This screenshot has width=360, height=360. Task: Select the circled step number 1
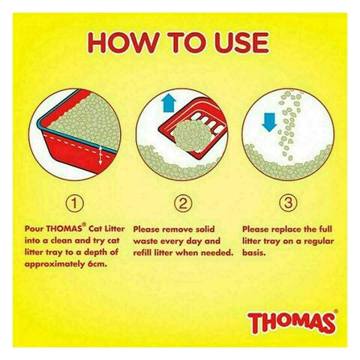pyautogui.click(x=74, y=203)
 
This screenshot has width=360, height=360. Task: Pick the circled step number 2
pyautogui.click(x=183, y=203)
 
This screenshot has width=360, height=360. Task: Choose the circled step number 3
pyautogui.click(x=288, y=203)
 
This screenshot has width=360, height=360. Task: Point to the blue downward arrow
pyautogui.click(x=269, y=122)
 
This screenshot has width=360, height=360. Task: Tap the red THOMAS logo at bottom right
pyautogui.click(x=292, y=321)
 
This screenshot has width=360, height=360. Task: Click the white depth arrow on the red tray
pyautogui.click(x=100, y=155)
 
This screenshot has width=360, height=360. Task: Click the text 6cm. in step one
pyautogui.click(x=97, y=264)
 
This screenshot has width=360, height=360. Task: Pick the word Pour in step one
pyautogui.click(x=34, y=229)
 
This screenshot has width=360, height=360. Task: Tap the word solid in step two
pyautogui.click(x=204, y=229)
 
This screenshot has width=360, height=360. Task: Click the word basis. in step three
pyautogui.click(x=253, y=253)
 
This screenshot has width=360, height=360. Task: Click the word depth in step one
pyautogui.click(x=95, y=253)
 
